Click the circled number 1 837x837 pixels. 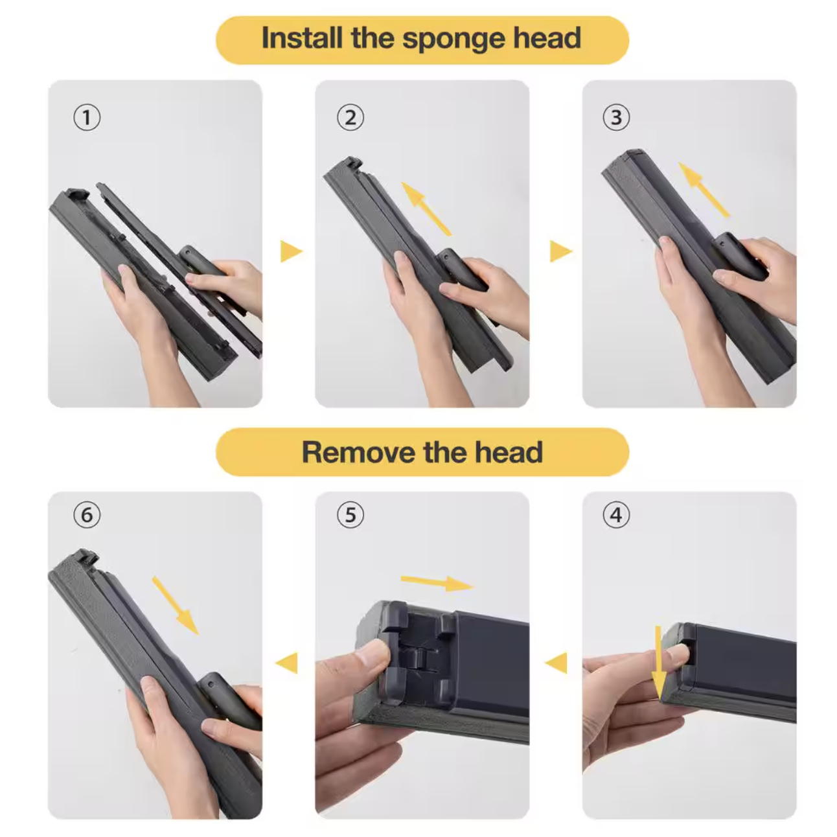point(87,117)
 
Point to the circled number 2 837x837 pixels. point(350,117)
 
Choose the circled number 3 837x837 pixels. point(616,117)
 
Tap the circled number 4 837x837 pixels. point(616,515)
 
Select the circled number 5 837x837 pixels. point(350,515)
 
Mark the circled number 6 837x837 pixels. point(87,515)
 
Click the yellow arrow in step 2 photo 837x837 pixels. point(426,209)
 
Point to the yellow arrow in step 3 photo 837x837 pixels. point(704,190)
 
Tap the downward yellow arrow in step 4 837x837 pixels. point(659,663)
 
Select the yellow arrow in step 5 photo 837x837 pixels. point(437,583)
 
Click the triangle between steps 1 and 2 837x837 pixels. point(291,251)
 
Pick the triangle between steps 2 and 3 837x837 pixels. point(561,251)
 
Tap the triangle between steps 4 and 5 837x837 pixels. point(556,663)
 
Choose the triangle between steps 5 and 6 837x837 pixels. point(287,663)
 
